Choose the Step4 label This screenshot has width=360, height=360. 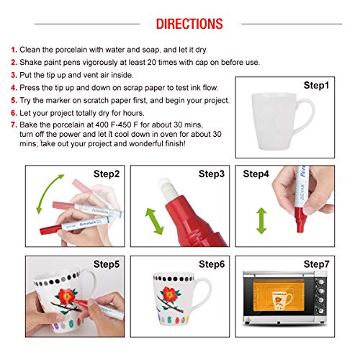tap(257, 174)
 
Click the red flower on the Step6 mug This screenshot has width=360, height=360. tap(173, 297)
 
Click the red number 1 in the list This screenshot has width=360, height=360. tap(14, 50)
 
